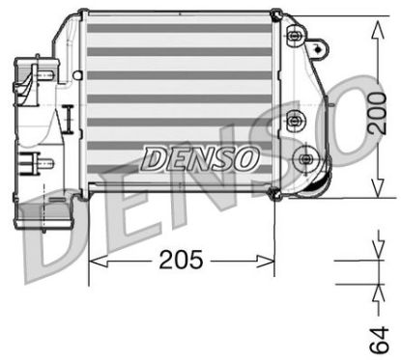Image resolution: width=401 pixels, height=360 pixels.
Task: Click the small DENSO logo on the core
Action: click(x=200, y=155)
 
